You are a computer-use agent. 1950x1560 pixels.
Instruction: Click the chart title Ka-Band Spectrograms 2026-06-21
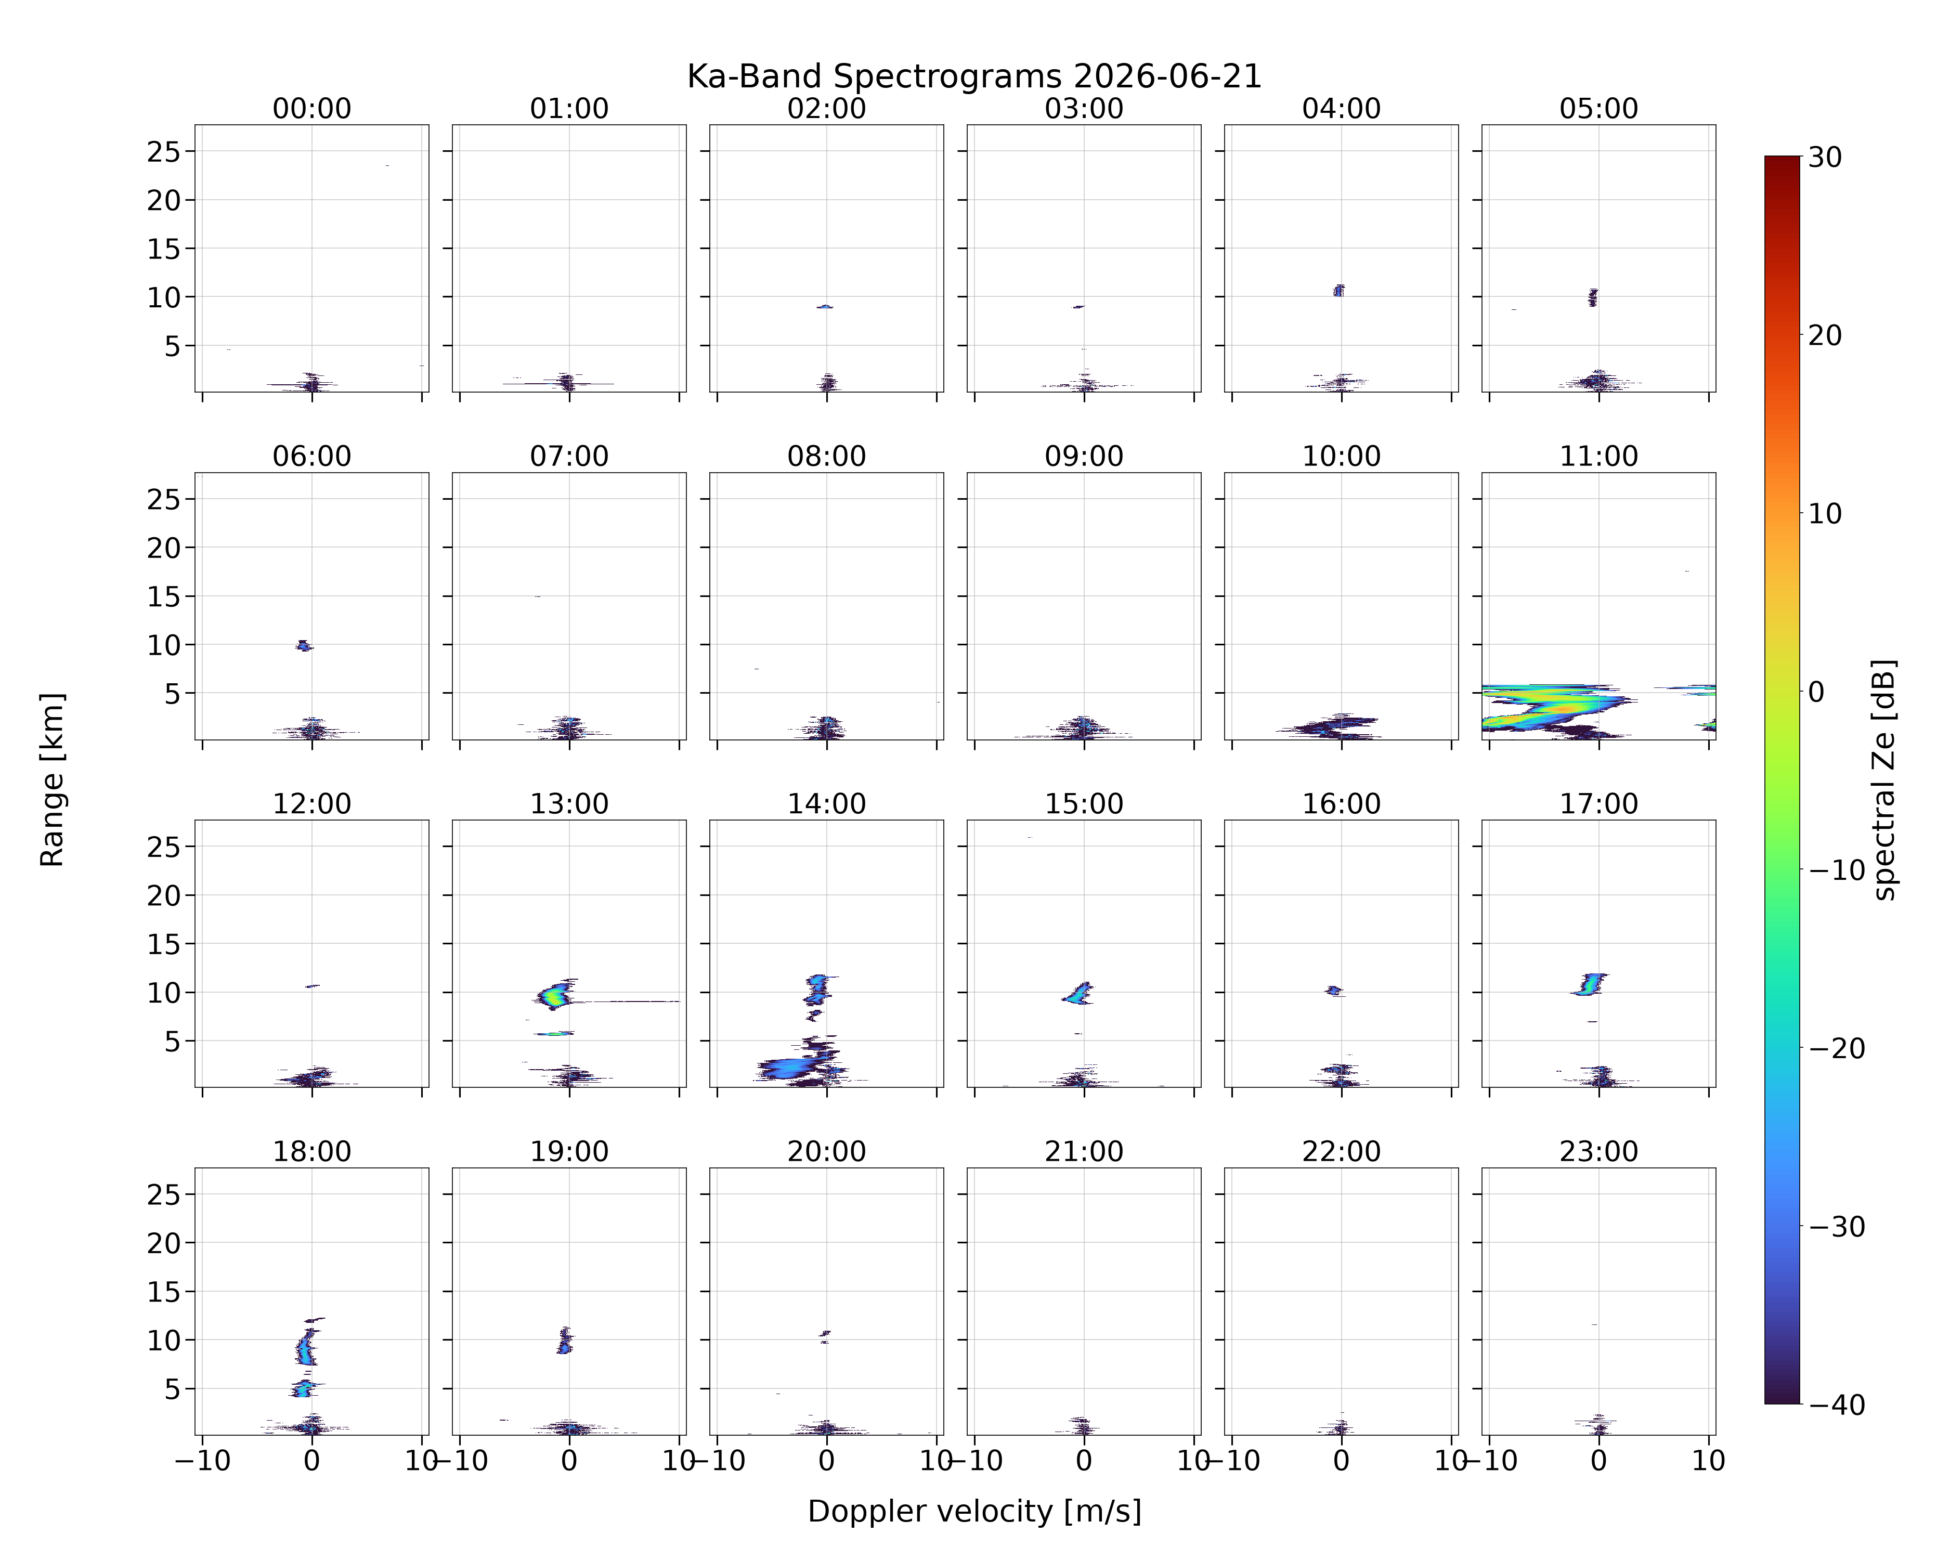tap(974, 77)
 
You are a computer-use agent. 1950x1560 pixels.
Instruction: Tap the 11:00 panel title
tap(1598, 456)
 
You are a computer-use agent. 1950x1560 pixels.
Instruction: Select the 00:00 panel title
tap(312, 109)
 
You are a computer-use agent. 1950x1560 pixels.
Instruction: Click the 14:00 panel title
tap(827, 804)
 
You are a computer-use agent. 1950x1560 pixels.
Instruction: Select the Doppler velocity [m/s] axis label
tap(974, 1511)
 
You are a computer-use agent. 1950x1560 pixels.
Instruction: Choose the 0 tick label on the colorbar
tap(1816, 692)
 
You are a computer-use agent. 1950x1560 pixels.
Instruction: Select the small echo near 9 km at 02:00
tap(824, 307)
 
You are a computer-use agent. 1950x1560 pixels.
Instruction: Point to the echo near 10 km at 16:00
tap(1333, 990)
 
